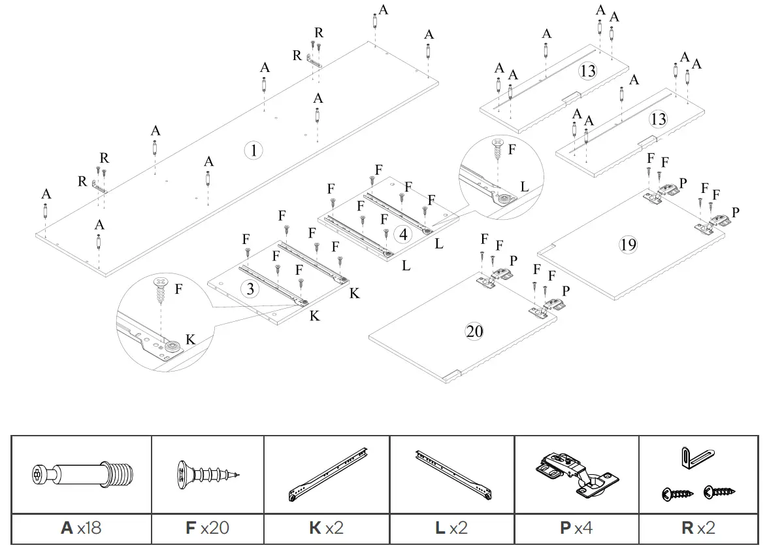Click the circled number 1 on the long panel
253,150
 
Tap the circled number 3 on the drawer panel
249,288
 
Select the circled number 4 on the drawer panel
404,234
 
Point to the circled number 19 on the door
628,245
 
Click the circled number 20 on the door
474,331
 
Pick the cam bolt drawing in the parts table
82,473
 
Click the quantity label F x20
207,527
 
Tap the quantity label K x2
326,527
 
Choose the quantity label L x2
451,527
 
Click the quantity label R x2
698,527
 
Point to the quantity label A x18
81,527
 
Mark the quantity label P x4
576,527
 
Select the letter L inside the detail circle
524,187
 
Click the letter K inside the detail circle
190,340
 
